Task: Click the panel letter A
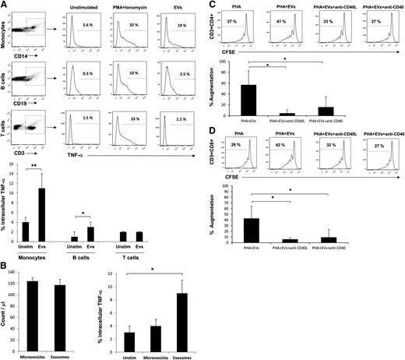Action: click(x=5, y=5)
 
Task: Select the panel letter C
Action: click(x=211, y=5)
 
